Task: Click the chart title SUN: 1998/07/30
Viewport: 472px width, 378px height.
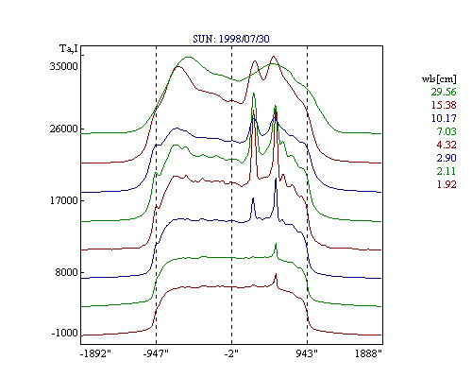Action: pos(231,39)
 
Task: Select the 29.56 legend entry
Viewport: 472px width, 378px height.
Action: pos(444,92)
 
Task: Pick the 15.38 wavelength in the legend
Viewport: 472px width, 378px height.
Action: pos(444,105)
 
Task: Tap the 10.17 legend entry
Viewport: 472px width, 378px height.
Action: pos(444,118)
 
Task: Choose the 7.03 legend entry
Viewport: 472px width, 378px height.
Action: pos(447,131)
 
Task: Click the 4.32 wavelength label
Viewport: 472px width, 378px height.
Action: pos(447,145)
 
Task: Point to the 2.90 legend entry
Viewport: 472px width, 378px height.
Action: pos(447,158)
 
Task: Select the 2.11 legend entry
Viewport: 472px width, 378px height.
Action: pos(447,171)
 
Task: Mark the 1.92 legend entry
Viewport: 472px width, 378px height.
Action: pos(447,184)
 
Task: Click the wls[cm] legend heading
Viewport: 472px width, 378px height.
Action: pos(439,78)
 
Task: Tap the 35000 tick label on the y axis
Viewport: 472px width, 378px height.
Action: pos(63,66)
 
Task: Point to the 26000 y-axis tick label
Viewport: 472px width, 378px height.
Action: pos(63,129)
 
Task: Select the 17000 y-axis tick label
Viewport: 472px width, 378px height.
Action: pos(63,200)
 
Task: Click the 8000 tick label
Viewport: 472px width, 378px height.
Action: pos(66,272)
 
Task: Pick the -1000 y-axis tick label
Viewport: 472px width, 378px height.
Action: pos(64,333)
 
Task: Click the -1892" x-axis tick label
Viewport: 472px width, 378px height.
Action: pos(95,353)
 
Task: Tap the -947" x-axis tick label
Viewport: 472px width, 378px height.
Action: pos(156,353)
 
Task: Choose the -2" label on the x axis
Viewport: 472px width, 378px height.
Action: pos(231,353)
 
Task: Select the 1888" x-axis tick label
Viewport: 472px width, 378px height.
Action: pos(368,353)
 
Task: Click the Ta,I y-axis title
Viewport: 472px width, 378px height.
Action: pos(69,49)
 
